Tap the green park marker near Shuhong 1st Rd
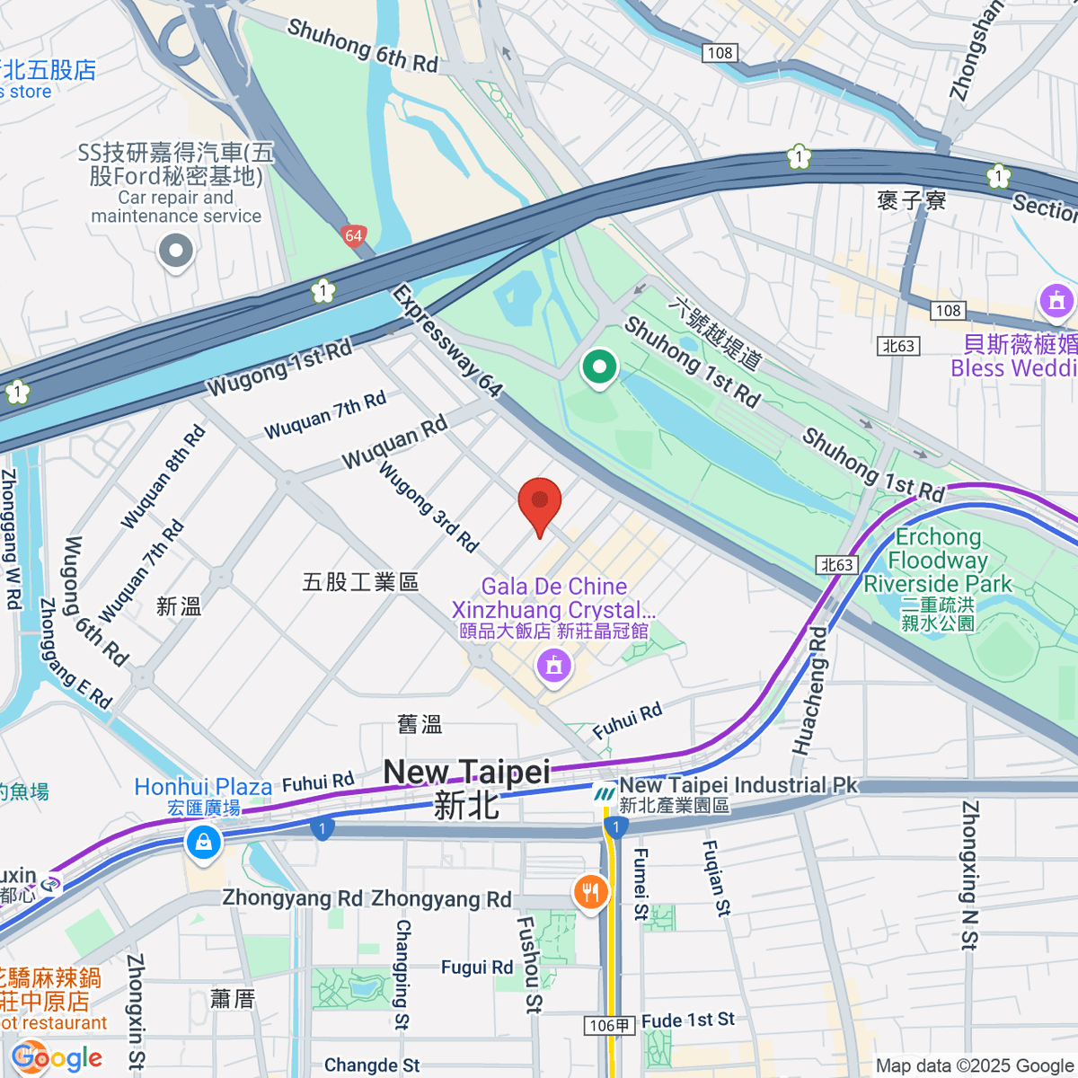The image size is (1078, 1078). click(x=599, y=367)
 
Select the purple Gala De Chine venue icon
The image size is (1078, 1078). click(x=553, y=667)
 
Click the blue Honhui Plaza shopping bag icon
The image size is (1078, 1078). click(x=204, y=843)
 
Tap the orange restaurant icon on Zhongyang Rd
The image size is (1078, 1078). click(x=590, y=892)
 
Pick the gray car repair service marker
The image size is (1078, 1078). click(x=176, y=252)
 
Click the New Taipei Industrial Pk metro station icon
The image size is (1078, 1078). click(x=605, y=793)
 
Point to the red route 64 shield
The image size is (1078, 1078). click(x=354, y=236)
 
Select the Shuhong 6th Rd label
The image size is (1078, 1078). click(x=363, y=45)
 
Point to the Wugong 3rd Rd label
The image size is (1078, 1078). click(x=428, y=506)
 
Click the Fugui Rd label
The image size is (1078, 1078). click(x=476, y=968)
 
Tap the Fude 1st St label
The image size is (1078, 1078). click(x=688, y=1021)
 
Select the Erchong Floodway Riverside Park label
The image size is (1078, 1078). click(x=938, y=561)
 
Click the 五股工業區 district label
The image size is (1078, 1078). click(x=360, y=582)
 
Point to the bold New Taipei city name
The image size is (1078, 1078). click(x=466, y=773)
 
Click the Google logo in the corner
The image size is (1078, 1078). click(x=57, y=1057)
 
